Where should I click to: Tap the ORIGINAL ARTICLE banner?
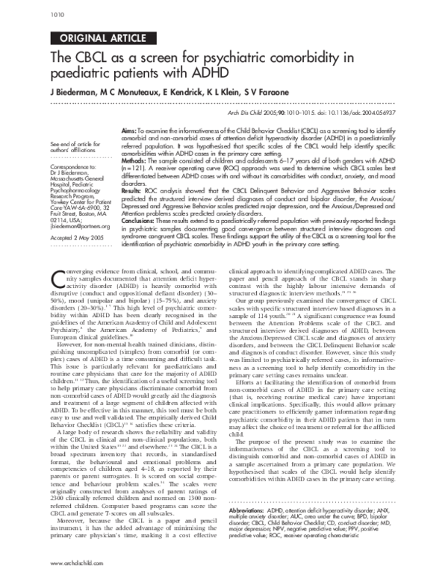click(x=96, y=40)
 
